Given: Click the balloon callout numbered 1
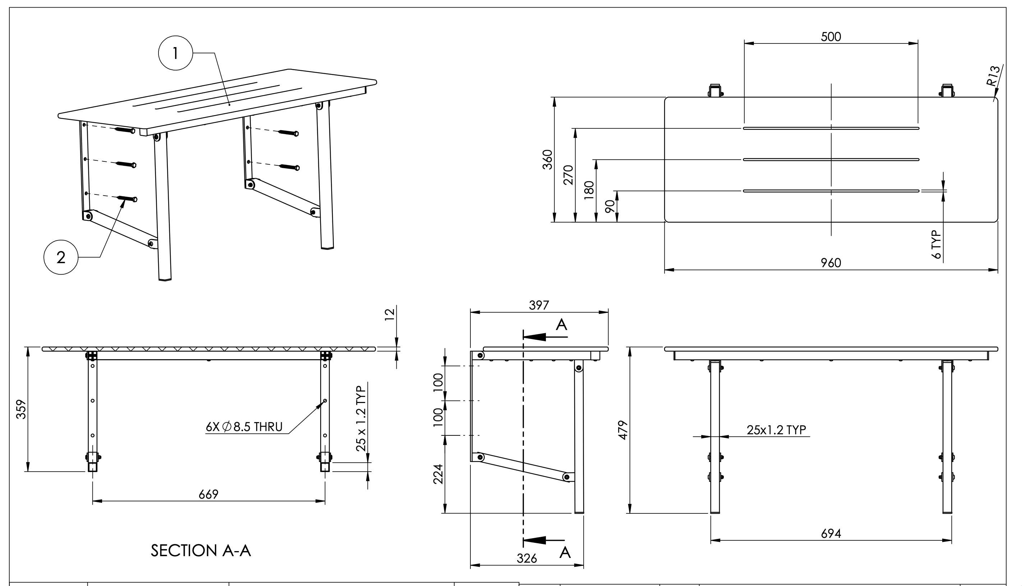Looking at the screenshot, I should [175, 53].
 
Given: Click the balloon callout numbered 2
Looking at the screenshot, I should [61, 257].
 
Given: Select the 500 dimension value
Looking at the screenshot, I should [830, 37].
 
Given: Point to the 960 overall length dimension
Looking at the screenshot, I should [830, 263].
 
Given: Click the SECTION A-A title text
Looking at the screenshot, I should [201, 550].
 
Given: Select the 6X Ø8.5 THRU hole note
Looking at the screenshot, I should [244, 427].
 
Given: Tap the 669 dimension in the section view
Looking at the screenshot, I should [208, 494].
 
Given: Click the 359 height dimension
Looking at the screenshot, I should [21, 409].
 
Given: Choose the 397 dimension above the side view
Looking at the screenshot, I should [539, 306].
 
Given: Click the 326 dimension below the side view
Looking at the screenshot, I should [526, 558].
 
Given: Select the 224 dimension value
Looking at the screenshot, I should [438, 474].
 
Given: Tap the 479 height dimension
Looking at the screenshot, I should [623, 430].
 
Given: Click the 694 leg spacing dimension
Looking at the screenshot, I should [830, 534].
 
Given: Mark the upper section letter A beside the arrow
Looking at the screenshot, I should [561, 324].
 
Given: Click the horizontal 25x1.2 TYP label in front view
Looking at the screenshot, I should [776, 430].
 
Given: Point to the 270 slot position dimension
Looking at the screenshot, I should [568, 175].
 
